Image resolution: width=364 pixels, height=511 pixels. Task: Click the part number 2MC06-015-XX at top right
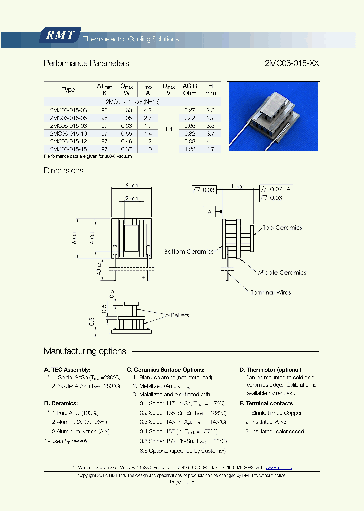(292, 64)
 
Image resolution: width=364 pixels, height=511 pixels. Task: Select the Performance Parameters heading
(86, 64)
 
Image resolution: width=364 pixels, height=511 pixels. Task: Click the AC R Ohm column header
(190, 90)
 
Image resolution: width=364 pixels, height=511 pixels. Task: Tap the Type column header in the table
(68, 90)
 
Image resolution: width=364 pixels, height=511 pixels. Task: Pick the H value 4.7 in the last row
(211, 149)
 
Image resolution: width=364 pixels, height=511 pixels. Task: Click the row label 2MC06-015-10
(68, 133)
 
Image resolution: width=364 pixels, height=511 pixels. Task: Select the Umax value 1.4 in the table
(169, 130)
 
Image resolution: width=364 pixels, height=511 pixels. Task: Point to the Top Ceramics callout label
(282, 228)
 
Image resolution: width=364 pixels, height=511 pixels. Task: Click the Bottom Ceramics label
(189, 252)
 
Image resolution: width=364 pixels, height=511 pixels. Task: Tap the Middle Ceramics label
(282, 273)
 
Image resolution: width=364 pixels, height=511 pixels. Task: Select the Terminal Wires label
(270, 292)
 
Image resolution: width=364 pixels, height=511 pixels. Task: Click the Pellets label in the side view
(179, 315)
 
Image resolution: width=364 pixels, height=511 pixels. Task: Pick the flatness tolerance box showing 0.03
(204, 190)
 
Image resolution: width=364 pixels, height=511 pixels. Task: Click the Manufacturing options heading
(85, 351)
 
